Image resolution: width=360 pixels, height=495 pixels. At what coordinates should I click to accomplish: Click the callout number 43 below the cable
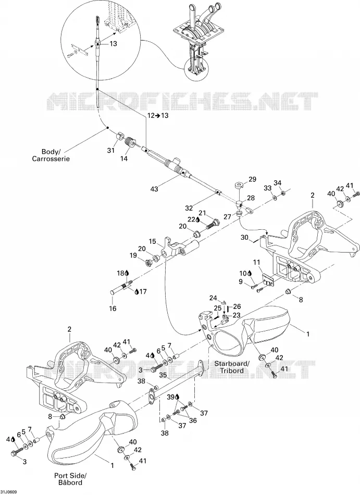[x=154, y=189]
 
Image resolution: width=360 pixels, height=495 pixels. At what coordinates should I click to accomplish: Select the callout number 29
[x=252, y=179]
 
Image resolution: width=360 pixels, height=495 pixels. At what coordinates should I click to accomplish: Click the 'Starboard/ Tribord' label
[x=232, y=367]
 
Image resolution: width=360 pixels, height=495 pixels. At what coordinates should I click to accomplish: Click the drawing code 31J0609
[x=9, y=492]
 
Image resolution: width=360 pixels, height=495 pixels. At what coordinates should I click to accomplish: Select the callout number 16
[x=113, y=308]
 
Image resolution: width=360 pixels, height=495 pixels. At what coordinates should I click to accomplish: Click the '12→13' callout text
[x=158, y=115]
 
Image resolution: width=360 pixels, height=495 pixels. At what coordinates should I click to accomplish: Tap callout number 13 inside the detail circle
[x=113, y=44]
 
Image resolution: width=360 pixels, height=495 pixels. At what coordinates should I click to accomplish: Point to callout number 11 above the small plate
[x=256, y=263]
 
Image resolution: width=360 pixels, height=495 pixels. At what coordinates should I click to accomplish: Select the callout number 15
[x=153, y=242]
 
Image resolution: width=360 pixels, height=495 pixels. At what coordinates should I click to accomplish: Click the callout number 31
[x=110, y=151]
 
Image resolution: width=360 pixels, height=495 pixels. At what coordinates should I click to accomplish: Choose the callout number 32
[x=189, y=208]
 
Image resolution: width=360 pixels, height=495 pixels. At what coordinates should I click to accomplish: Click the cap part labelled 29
[x=239, y=184]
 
